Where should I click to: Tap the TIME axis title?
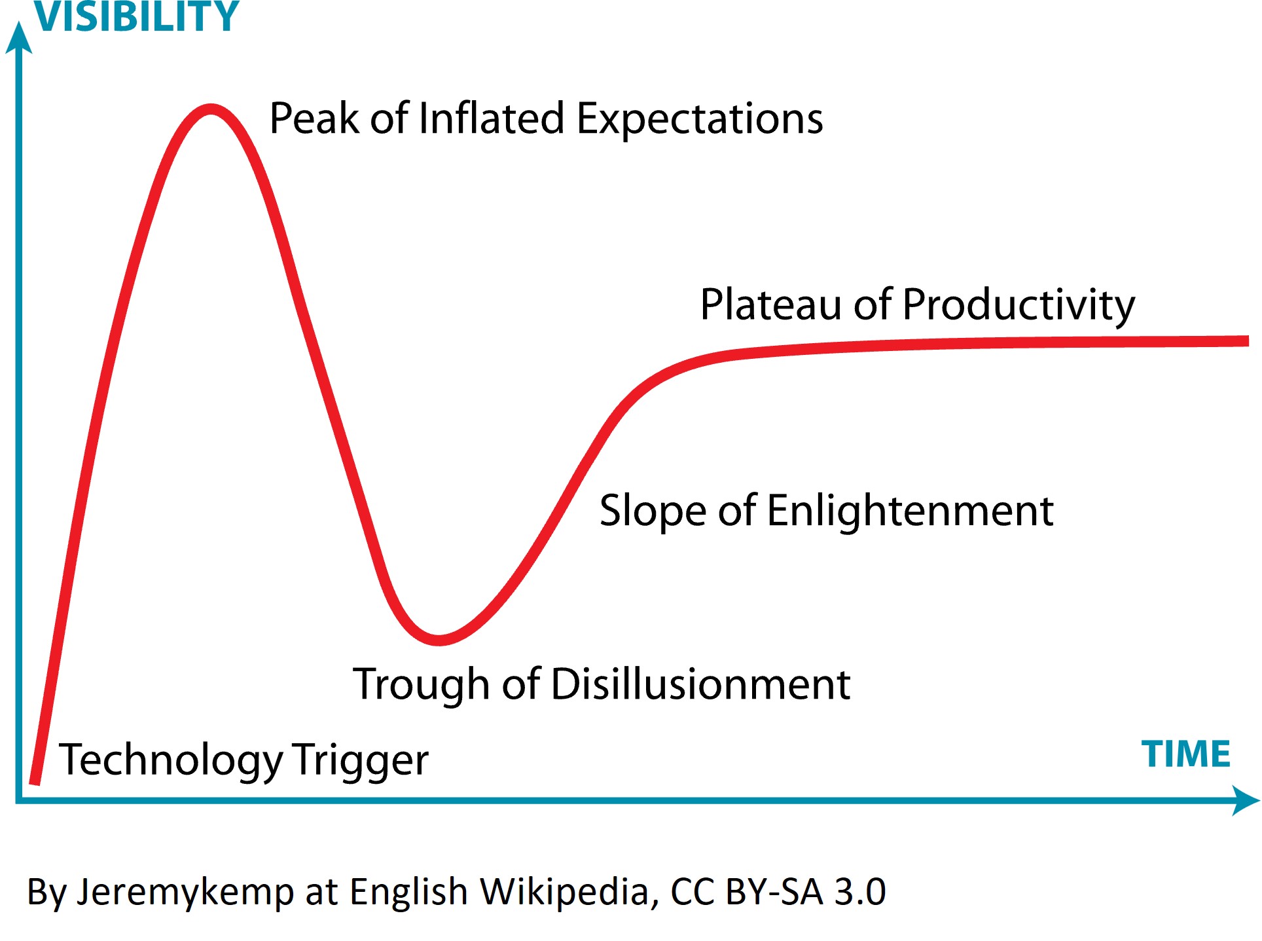(1185, 754)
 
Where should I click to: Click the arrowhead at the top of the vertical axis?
(19, 37)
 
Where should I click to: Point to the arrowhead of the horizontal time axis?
(1245, 800)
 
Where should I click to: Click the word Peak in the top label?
(314, 119)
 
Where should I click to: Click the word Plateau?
(771, 304)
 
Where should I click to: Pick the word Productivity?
(1019, 306)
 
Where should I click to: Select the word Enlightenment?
(910, 511)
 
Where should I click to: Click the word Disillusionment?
(701, 684)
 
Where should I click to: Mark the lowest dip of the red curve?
(439, 640)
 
